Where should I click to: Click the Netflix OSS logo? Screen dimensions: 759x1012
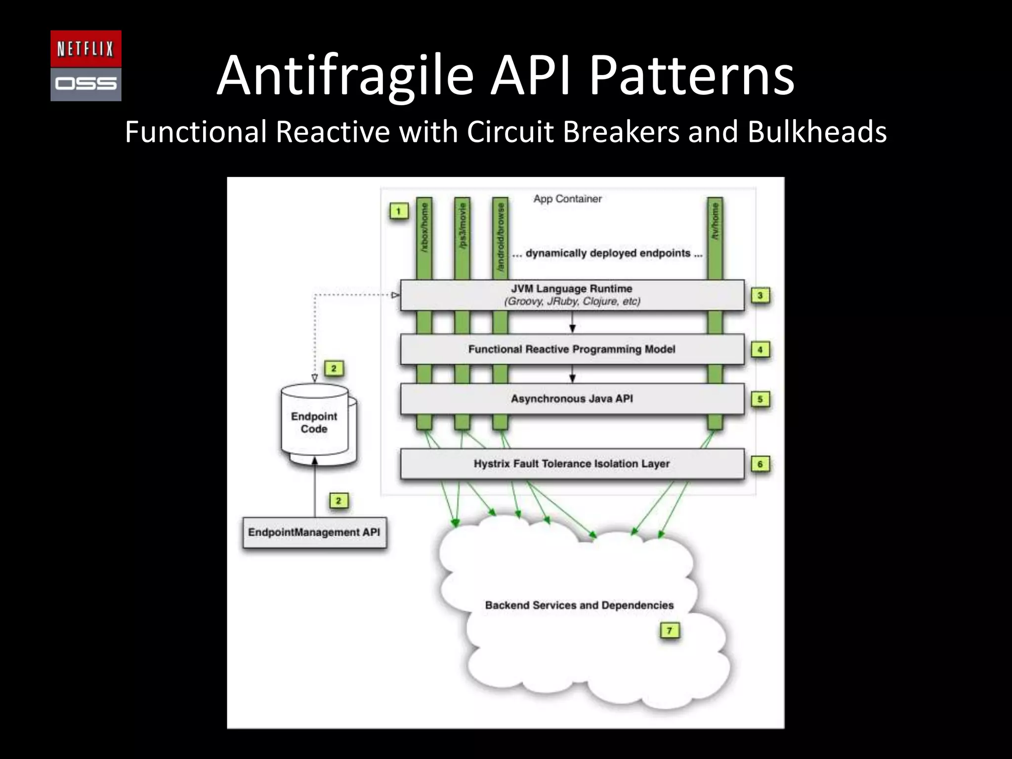pos(86,66)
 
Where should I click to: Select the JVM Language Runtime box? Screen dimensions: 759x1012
pos(572,295)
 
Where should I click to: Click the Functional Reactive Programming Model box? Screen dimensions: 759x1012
pos(572,349)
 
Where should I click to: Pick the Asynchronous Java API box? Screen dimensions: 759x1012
pos(572,399)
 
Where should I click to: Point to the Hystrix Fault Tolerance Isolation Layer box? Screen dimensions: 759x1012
pos(572,464)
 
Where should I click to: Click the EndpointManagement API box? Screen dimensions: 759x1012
pos(314,532)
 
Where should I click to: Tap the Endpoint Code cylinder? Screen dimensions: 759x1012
pos(314,422)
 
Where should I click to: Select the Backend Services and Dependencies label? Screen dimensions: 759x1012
pos(579,605)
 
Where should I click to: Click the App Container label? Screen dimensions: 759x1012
pos(567,199)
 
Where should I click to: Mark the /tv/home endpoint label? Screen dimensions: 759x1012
pos(715,221)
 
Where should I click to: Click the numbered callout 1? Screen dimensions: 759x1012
pos(398,211)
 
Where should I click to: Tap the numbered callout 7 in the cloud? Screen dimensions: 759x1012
pos(670,631)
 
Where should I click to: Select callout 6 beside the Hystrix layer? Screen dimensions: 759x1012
pos(760,464)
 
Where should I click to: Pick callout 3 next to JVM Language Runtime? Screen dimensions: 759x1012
pos(760,295)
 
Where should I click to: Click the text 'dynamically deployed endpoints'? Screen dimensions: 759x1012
pos(608,253)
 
